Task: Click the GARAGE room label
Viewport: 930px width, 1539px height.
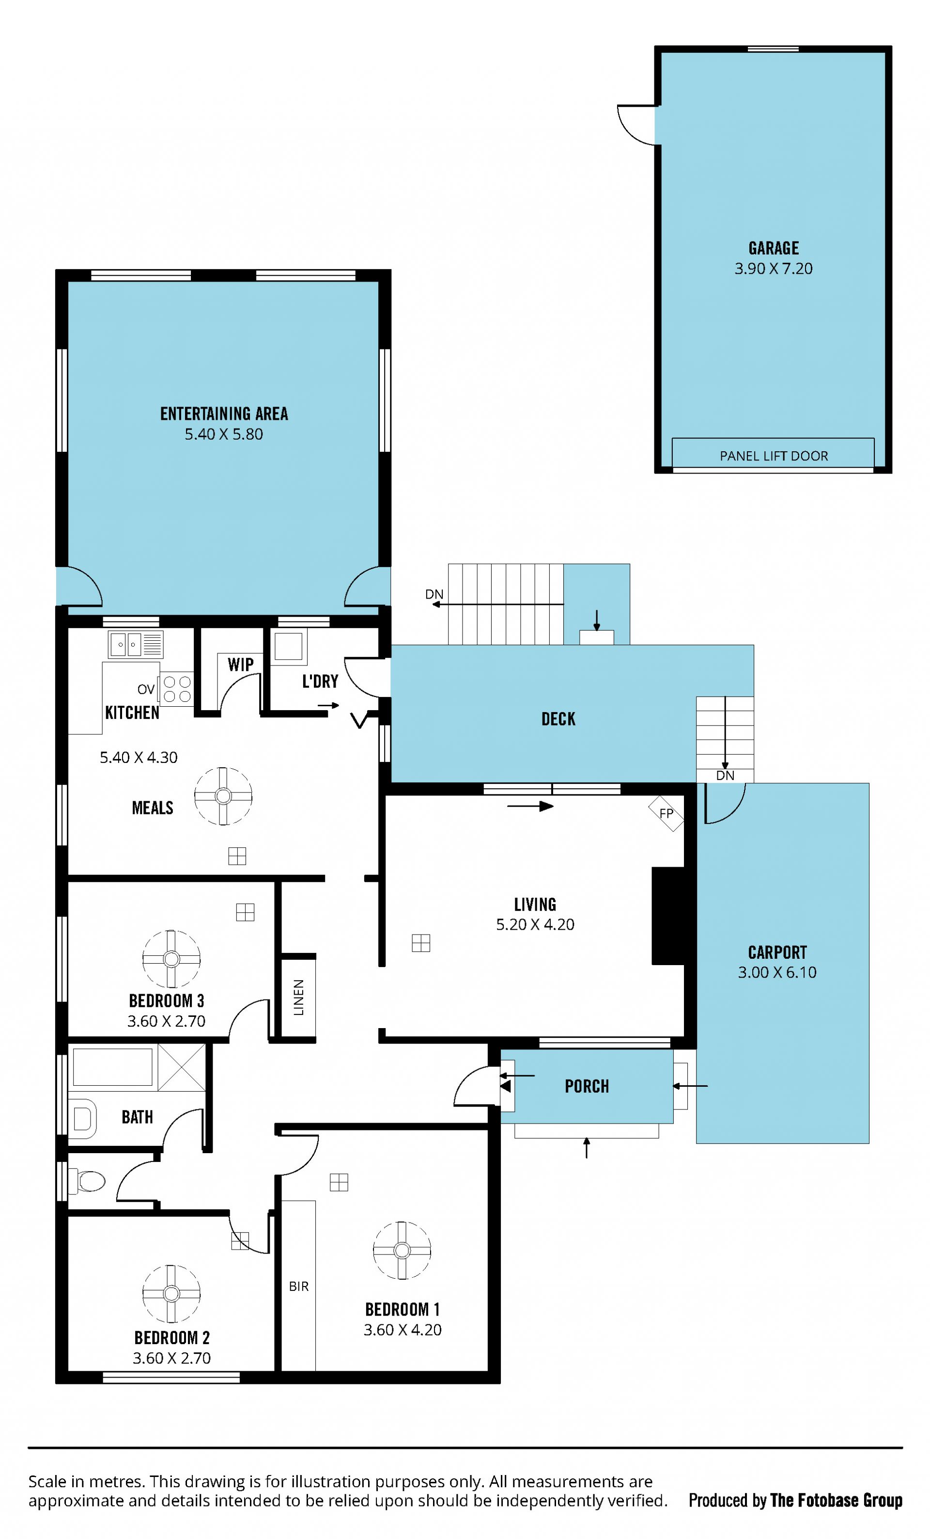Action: click(774, 249)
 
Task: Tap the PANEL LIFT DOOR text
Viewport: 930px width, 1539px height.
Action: click(774, 456)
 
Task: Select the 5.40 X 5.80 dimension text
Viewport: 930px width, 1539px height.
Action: click(223, 434)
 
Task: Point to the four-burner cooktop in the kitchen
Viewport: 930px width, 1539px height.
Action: click(177, 689)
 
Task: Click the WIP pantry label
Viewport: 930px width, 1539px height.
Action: click(241, 665)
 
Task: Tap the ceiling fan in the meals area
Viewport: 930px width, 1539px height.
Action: click(223, 796)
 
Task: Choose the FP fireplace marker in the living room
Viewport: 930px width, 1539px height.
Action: click(666, 813)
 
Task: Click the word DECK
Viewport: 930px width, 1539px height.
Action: click(558, 719)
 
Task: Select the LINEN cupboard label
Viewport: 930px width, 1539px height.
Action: click(299, 998)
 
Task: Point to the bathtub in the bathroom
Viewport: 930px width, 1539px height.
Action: click(113, 1067)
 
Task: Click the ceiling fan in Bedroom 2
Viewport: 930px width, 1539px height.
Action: click(171, 1294)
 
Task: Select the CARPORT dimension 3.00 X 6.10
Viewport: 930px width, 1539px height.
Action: click(777, 972)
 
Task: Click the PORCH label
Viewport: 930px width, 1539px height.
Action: click(587, 1086)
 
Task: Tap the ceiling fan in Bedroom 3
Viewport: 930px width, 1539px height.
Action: click(171, 959)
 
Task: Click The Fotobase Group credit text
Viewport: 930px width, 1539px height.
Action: click(837, 1500)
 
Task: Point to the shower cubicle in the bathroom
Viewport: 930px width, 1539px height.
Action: click(182, 1067)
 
